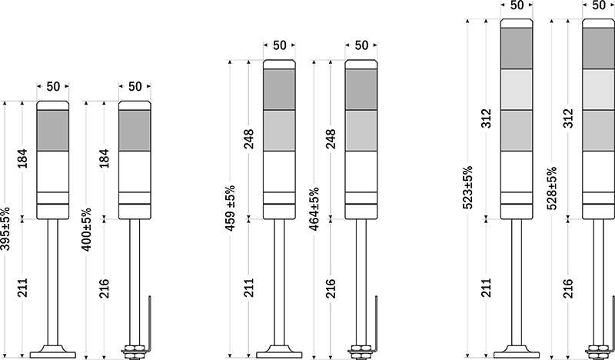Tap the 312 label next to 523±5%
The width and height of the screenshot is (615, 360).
point(486,119)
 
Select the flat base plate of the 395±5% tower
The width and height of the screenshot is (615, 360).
point(52,355)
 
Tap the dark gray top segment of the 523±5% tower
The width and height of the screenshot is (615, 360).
point(516,48)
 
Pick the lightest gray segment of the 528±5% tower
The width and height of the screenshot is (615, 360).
point(598,89)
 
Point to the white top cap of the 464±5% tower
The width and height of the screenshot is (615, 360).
point(361,64)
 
